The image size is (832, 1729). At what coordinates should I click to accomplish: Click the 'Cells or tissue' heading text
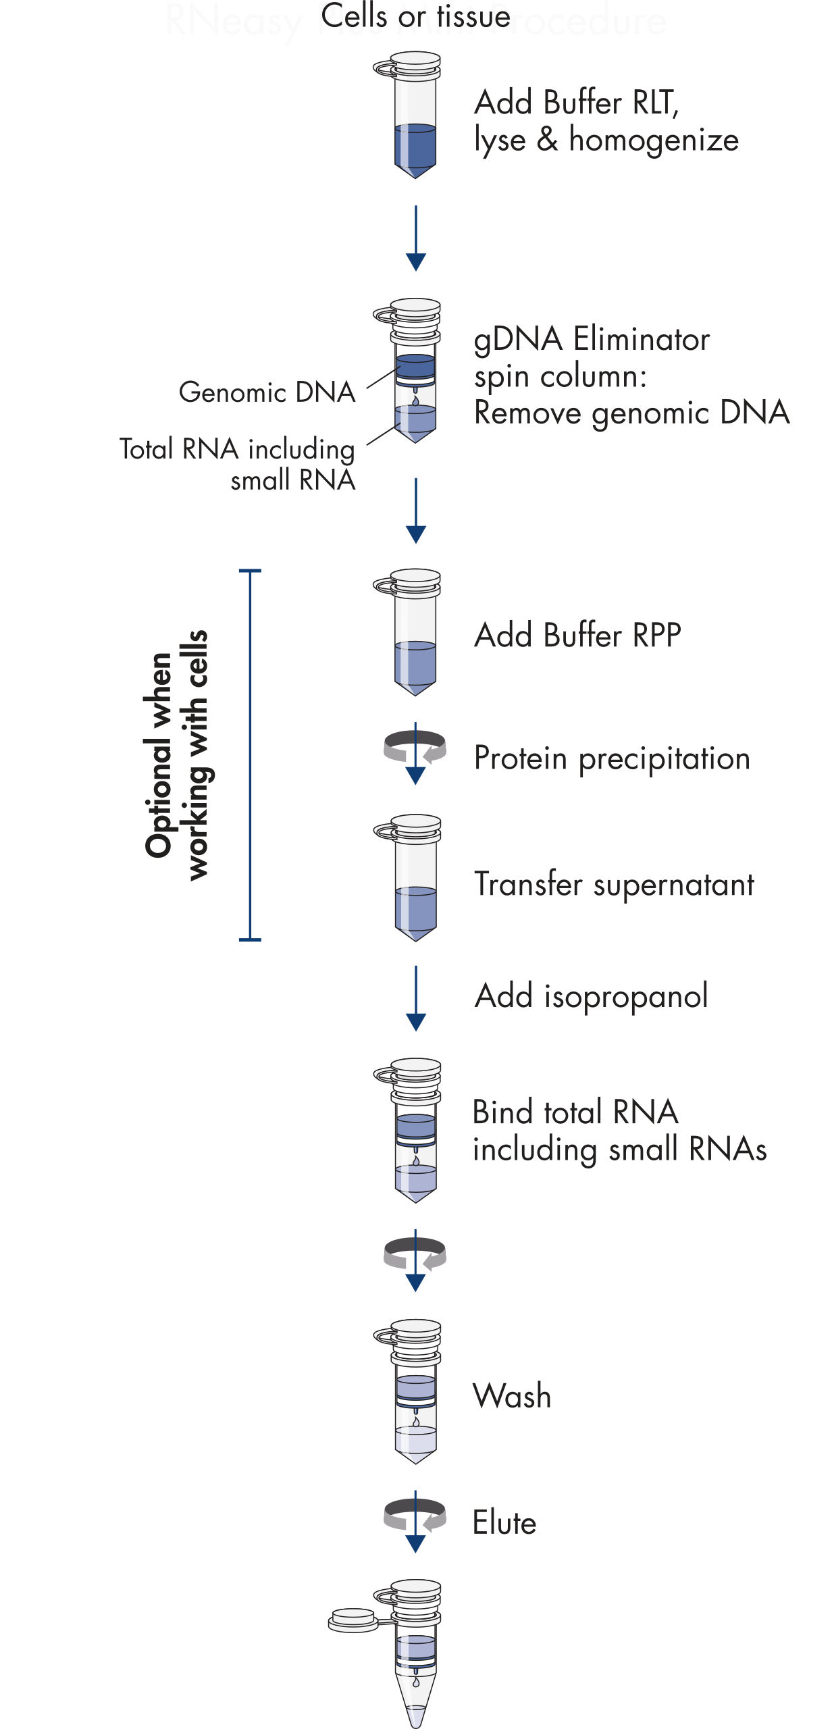point(415,16)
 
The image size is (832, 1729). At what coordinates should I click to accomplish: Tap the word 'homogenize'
point(654,140)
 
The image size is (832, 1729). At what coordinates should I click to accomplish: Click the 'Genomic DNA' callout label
point(267,392)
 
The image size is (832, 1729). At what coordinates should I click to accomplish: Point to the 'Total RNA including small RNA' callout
point(238,464)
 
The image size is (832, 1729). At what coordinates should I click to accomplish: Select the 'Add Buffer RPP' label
point(577,636)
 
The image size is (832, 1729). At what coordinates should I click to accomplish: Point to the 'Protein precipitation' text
point(612,758)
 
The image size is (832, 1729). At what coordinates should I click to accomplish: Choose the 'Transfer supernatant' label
point(614,885)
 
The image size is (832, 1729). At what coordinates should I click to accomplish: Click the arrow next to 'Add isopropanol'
point(416,998)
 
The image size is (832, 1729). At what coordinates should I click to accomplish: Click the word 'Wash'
point(512,1396)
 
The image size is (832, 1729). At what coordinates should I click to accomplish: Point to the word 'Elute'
point(504,1523)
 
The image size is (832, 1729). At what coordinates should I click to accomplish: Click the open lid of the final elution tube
point(353,1620)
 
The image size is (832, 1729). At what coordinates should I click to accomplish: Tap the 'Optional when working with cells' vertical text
point(177,755)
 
